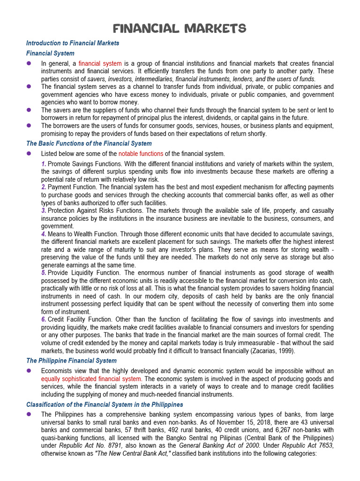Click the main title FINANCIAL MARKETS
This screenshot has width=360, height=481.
tap(180, 29)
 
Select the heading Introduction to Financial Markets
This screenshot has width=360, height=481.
tap(73, 43)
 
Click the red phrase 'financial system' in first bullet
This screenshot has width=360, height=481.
tap(100, 63)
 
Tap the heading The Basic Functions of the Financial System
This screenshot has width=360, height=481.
tap(89, 144)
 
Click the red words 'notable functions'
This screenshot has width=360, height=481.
tap(141, 154)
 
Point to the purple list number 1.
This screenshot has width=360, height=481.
tap(43, 164)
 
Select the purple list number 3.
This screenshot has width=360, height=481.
tap(43, 210)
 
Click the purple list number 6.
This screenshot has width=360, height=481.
tap(43, 319)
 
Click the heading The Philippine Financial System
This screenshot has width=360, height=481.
tap(71, 361)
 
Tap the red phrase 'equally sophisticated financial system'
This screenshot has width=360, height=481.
tap(91, 379)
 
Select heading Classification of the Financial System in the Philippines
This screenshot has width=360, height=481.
tap(105, 404)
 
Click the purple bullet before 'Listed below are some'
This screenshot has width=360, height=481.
tap(29, 154)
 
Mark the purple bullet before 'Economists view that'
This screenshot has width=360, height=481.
tap(29, 371)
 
